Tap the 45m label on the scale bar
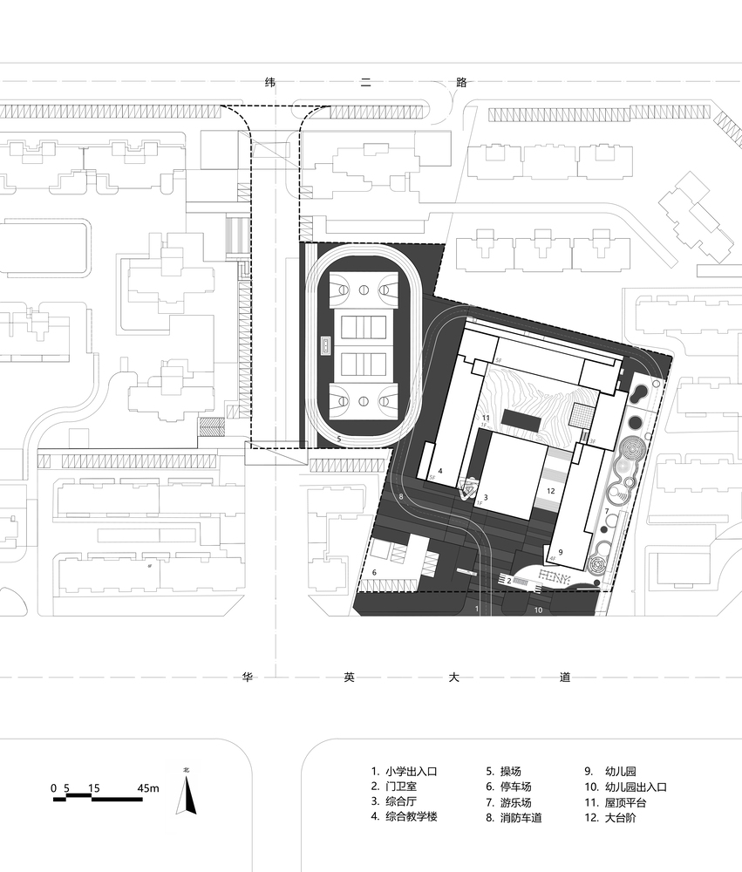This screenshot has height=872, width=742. point(148,788)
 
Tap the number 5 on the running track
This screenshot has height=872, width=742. point(338,439)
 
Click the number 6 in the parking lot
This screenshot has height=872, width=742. point(374,572)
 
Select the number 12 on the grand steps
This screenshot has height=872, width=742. point(550,491)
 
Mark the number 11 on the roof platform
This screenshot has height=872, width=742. point(486,419)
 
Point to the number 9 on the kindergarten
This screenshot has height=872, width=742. point(561,551)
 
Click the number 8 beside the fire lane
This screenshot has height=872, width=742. point(400,497)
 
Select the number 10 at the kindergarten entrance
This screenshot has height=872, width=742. point(538,610)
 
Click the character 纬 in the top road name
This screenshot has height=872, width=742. point(270,83)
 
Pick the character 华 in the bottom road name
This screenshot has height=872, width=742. point(246,678)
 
